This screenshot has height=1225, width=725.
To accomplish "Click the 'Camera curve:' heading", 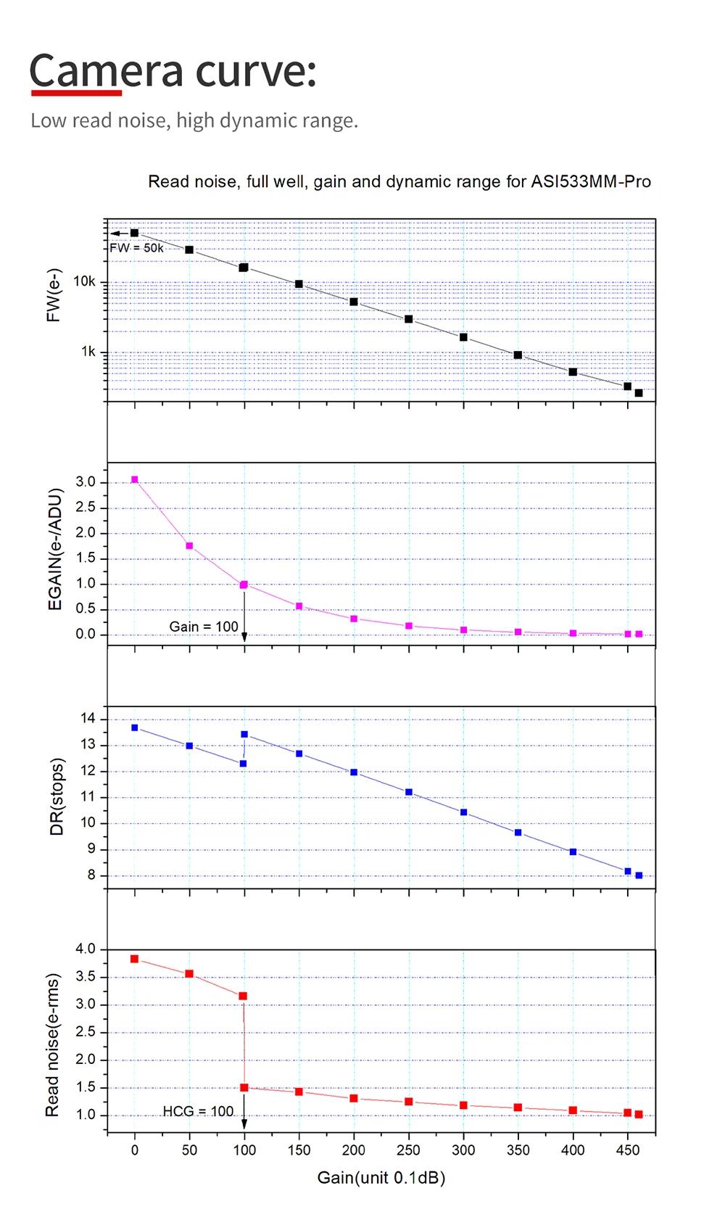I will pos(173,71).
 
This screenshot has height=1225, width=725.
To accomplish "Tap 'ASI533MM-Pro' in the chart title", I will pos(591,181).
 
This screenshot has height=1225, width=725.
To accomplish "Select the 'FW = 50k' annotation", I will pos(136,248).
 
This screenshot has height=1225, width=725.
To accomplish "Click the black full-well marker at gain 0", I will pos(134,233).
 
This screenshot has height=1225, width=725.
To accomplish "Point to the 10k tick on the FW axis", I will pos(85,281).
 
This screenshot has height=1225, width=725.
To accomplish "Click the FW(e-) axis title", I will pos(54,295).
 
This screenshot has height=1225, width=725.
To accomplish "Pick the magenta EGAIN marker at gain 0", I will pos(134,479).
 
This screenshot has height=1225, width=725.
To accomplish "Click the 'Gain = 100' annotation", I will pos(204,627).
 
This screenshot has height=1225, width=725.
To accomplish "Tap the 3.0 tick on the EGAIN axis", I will pos(86,482).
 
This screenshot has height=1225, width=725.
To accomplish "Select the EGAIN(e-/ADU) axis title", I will pos(55,549).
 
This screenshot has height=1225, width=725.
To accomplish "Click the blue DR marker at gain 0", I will pos(134,727).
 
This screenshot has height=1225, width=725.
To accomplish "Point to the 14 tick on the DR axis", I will pos(88,719).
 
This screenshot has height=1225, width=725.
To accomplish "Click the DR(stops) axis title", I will pos(57,796).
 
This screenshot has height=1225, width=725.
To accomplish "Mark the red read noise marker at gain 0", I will pos(134,959).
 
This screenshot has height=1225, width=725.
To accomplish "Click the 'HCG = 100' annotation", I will pos(198,1111).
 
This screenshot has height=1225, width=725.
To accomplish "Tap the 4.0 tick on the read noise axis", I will pos(86,949).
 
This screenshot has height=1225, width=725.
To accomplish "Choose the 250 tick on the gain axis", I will pos(408,1150).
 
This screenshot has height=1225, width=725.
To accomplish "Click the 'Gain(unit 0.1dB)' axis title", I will pos(381,1177).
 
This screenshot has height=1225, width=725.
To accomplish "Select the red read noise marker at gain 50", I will pos(189,974).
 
